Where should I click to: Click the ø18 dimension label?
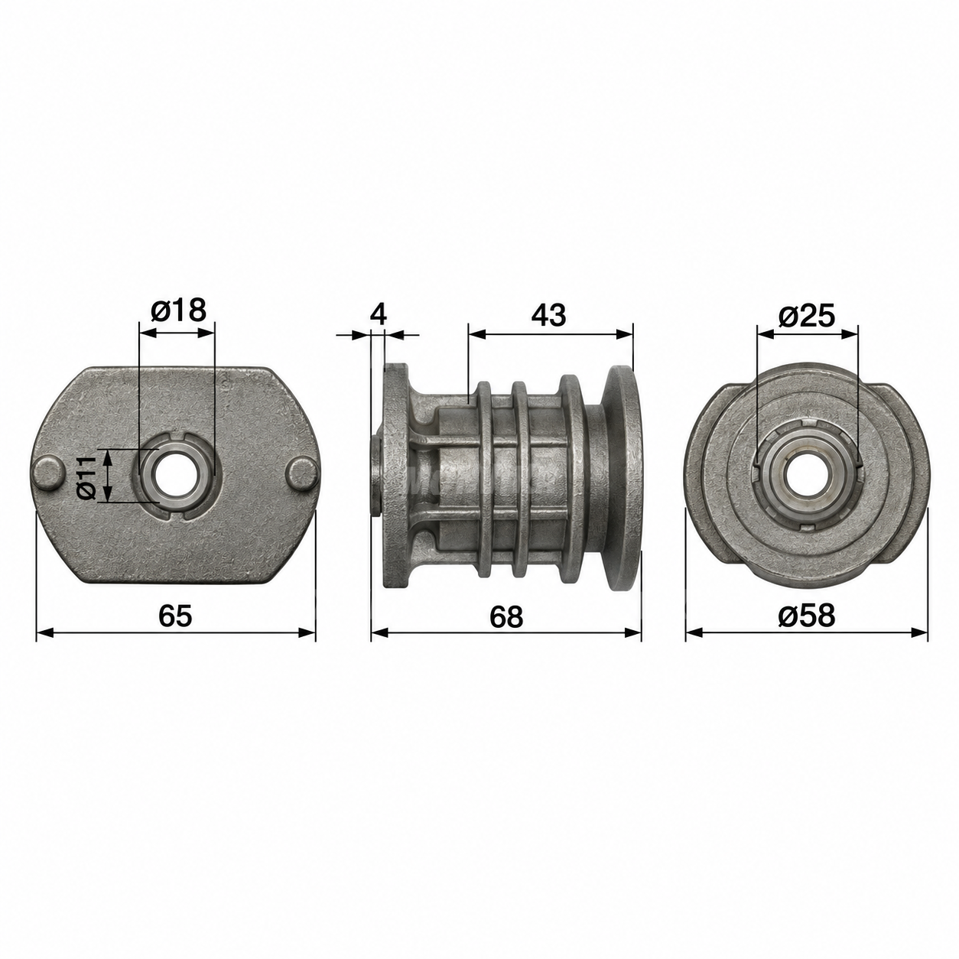coord(177,310)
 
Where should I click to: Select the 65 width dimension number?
coord(175,616)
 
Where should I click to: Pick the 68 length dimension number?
coord(506,616)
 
